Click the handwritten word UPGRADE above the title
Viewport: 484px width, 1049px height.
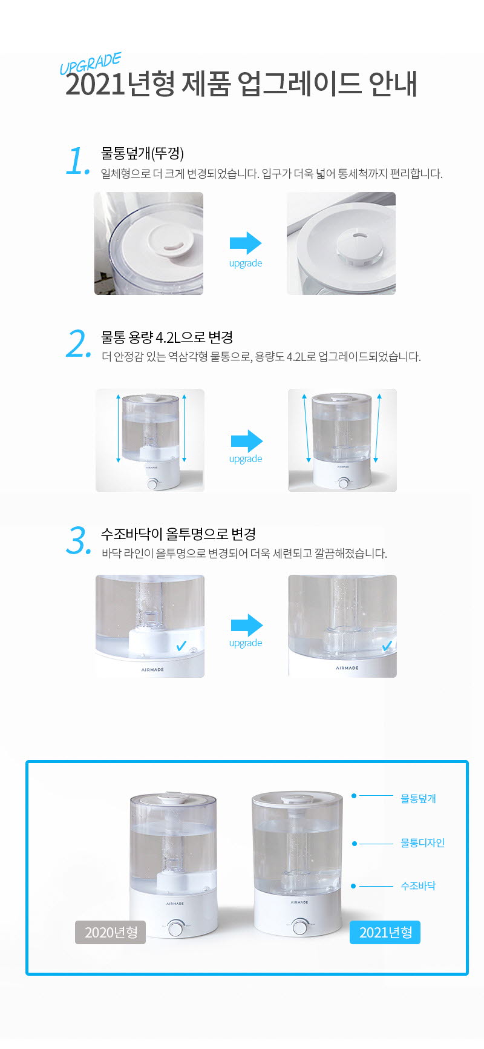pos(90,64)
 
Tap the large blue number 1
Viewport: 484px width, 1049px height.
pos(77,162)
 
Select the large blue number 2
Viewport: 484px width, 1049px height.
pos(78,345)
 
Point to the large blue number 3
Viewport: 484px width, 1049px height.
pos(78,541)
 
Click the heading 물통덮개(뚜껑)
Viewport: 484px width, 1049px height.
pos(142,154)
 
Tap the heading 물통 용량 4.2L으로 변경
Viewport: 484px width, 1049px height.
pos(167,337)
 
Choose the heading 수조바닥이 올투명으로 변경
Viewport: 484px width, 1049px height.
pos(178,534)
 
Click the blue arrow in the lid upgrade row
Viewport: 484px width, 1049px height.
pos(246,243)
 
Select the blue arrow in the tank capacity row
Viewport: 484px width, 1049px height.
pos(246,441)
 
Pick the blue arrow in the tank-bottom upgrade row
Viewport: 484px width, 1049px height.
pos(246,625)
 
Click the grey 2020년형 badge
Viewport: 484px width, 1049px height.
pos(110,932)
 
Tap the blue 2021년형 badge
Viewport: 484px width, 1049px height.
pos(385,932)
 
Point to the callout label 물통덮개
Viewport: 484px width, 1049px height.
pos(418,798)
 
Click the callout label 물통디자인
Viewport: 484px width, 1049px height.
pos(422,843)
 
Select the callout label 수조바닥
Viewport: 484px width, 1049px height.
pos(418,886)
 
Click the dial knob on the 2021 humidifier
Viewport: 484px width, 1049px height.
pos(300,927)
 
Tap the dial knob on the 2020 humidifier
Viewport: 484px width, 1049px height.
pos(176,928)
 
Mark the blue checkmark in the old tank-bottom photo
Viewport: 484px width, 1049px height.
pos(181,646)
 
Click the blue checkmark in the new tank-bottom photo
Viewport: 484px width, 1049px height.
pos(387,646)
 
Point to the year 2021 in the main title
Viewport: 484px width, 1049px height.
pos(95,84)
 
